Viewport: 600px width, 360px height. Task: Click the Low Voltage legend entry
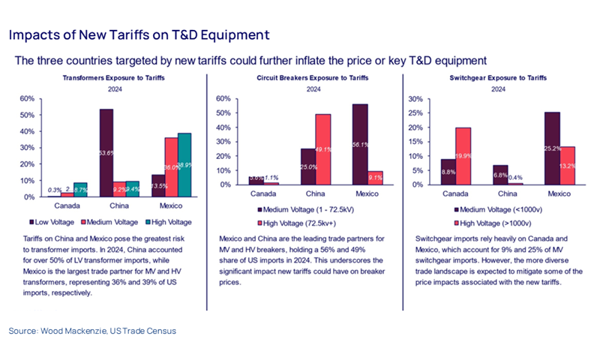pos(52,221)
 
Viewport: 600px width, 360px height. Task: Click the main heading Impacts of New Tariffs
pos(139,34)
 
